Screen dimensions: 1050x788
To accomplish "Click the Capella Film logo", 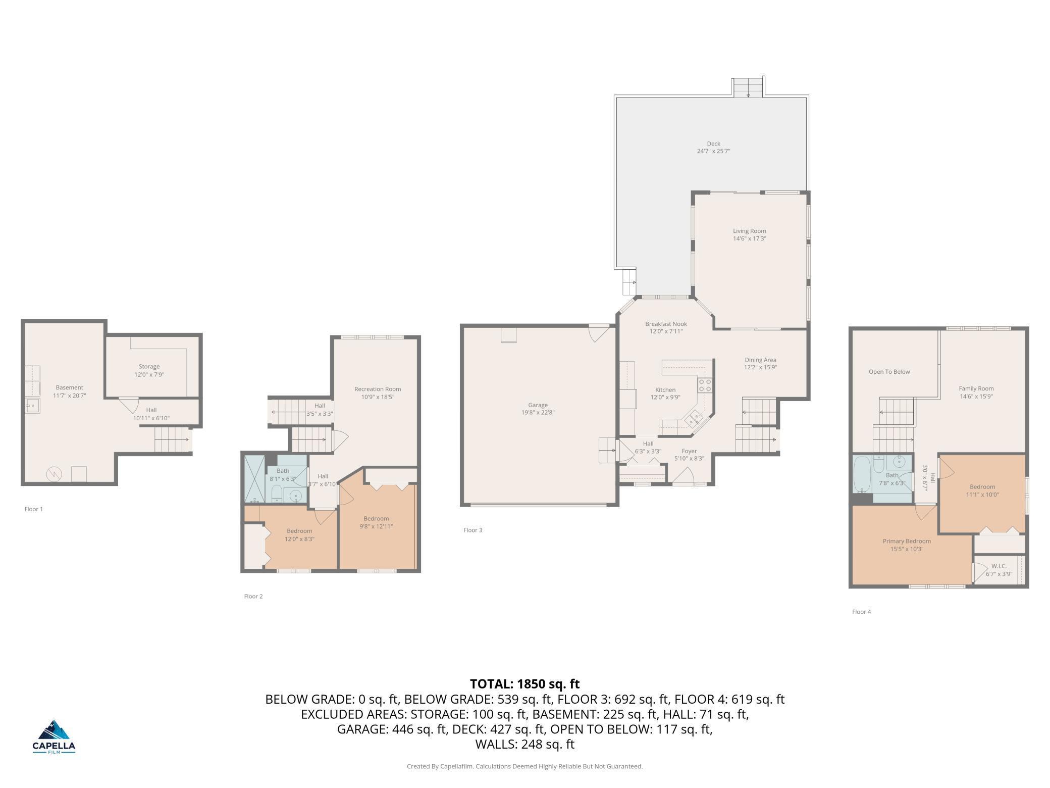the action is (x=54, y=736).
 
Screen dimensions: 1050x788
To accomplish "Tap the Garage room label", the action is (x=538, y=405).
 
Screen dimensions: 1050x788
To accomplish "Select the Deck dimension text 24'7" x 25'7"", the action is (x=713, y=151).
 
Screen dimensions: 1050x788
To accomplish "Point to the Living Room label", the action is (x=749, y=231).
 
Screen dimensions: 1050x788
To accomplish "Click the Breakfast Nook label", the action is (x=666, y=324).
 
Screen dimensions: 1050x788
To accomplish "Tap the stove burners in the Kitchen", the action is (x=705, y=385).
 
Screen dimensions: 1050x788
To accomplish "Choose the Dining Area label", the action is (x=760, y=360).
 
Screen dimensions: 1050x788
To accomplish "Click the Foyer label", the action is (x=689, y=451).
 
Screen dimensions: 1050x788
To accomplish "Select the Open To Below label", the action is (x=889, y=372).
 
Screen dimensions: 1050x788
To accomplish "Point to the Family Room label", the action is (x=976, y=388).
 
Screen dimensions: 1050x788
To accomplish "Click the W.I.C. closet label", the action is (x=999, y=566).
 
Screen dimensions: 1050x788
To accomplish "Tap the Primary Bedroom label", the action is (x=907, y=541).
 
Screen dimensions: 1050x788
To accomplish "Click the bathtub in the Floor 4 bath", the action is (x=862, y=475).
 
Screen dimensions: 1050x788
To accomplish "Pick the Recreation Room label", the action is (x=378, y=389).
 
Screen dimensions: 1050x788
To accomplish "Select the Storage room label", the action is (x=149, y=367).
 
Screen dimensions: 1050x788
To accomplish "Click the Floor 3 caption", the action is (x=473, y=530).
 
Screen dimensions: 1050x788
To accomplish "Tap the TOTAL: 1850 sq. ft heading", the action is (x=524, y=684).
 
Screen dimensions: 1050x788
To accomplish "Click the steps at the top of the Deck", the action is (x=748, y=87).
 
